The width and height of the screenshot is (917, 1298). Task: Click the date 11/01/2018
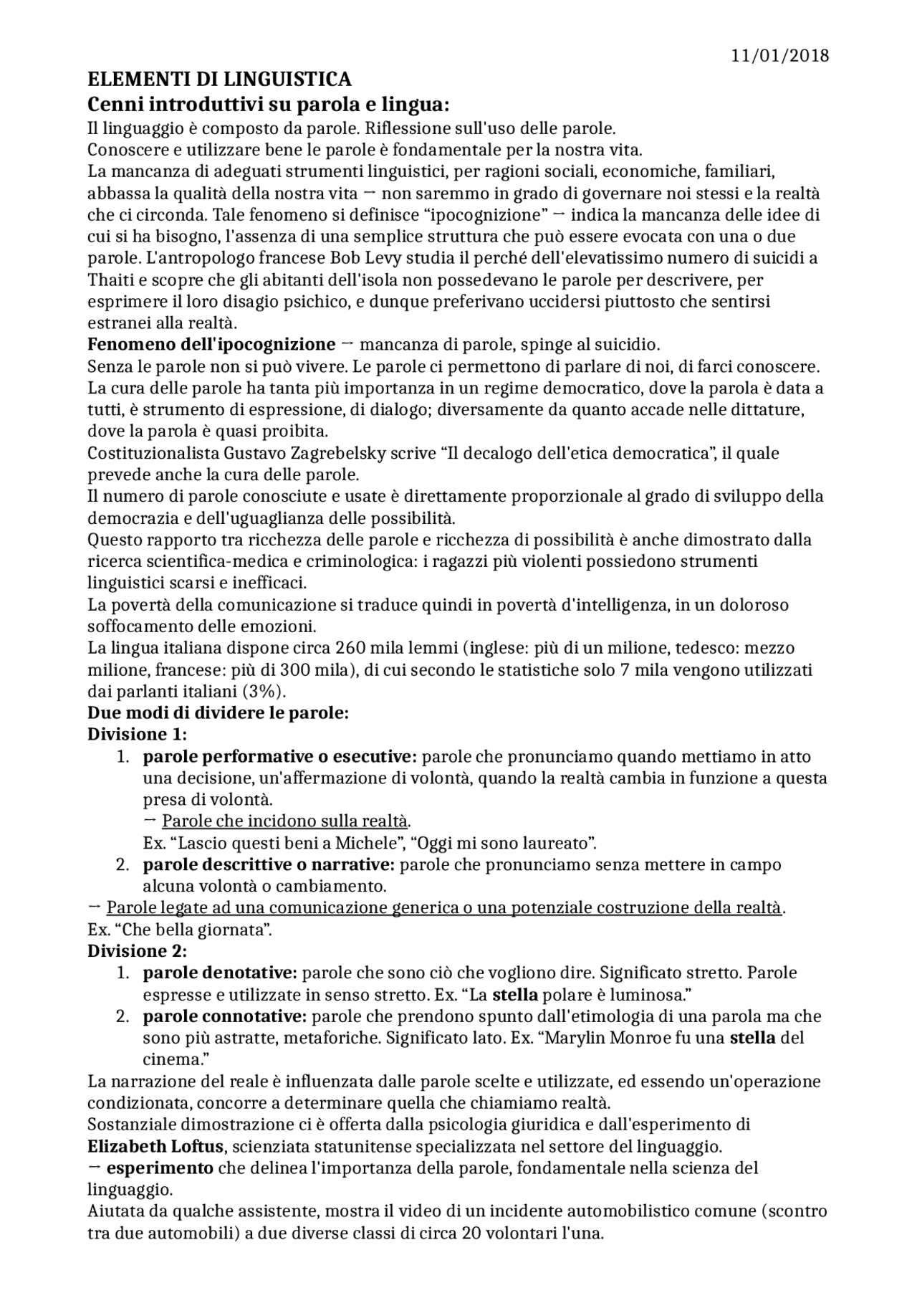(779, 55)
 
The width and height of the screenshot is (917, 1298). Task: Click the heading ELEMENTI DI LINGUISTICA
(219, 79)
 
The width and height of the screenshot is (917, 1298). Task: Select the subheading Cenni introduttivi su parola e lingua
(268, 105)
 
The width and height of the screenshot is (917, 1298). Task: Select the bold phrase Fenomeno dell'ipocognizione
(211, 345)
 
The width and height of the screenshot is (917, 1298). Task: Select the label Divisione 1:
(137, 735)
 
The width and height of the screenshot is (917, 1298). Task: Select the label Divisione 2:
(137, 951)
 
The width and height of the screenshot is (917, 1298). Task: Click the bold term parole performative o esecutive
(279, 757)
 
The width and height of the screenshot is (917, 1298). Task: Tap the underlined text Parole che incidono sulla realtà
(286, 821)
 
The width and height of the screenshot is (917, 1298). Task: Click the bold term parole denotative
(220, 973)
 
